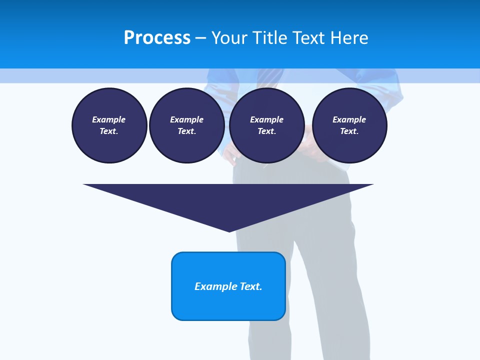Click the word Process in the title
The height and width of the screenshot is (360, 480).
[157, 38]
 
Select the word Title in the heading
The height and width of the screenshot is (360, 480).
[270, 38]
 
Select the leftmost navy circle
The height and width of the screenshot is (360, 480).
[109, 125]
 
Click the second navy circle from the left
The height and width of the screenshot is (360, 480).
[187, 125]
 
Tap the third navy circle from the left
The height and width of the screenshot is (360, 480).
[266, 125]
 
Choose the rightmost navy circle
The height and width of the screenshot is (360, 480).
[349, 125]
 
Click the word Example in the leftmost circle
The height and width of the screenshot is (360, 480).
[109, 119]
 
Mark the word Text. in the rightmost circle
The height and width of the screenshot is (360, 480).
[349, 131]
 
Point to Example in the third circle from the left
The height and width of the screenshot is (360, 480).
[266, 119]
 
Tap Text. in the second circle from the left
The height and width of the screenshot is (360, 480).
[187, 131]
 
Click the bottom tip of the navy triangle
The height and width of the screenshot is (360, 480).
[229, 230]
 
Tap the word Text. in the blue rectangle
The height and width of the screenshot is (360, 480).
[250, 286]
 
